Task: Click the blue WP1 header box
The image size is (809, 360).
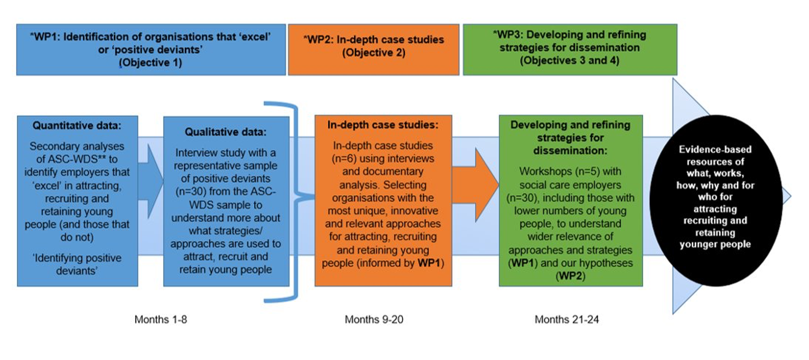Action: tap(151, 49)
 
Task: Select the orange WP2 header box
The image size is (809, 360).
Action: tap(374, 49)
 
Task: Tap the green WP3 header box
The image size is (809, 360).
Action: tap(569, 49)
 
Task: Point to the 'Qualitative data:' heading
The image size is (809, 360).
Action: tap(226, 131)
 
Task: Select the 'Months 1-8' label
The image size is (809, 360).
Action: tap(160, 319)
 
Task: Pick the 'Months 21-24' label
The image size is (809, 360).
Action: tap(566, 319)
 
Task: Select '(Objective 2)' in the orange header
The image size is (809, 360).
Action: tap(374, 53)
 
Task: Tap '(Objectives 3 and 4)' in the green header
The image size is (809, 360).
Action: tap(569, 61)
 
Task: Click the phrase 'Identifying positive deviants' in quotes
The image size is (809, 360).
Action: tap(77, 264)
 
